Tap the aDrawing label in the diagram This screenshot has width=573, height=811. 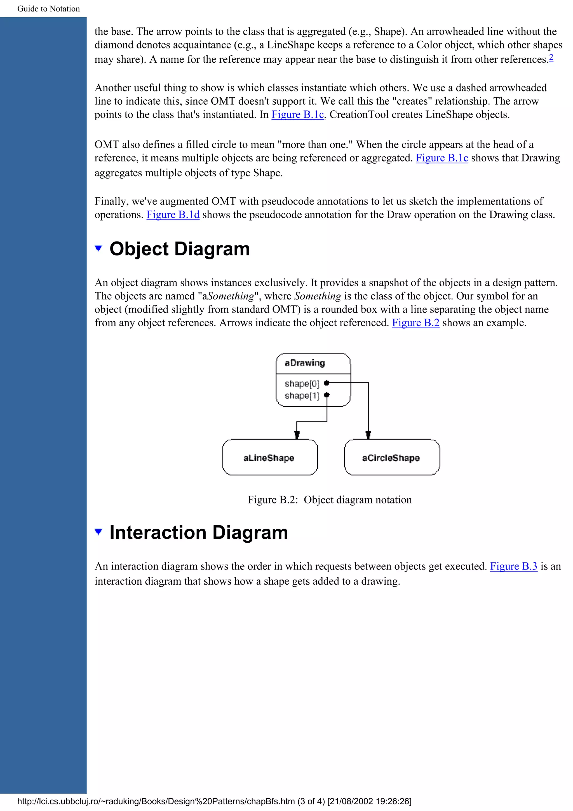(x=305, y=363)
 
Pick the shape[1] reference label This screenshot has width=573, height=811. (x=302, y=396)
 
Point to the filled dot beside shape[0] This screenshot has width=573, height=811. (x=327, y=383)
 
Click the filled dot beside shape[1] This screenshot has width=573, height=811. (x=327, y=395)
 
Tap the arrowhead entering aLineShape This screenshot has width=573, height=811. (x=297, y=434)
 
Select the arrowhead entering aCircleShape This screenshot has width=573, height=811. (x=368, y=434)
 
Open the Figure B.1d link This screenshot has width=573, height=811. (x=173, y=214)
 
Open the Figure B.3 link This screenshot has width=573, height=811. (x=513, y=566)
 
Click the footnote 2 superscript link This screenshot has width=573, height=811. (x=551, y=57)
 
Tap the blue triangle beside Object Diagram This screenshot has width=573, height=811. (x=98, y=248)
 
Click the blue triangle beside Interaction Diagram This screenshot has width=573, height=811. (x=98, y=532)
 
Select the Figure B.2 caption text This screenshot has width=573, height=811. (x=329, y=500)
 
